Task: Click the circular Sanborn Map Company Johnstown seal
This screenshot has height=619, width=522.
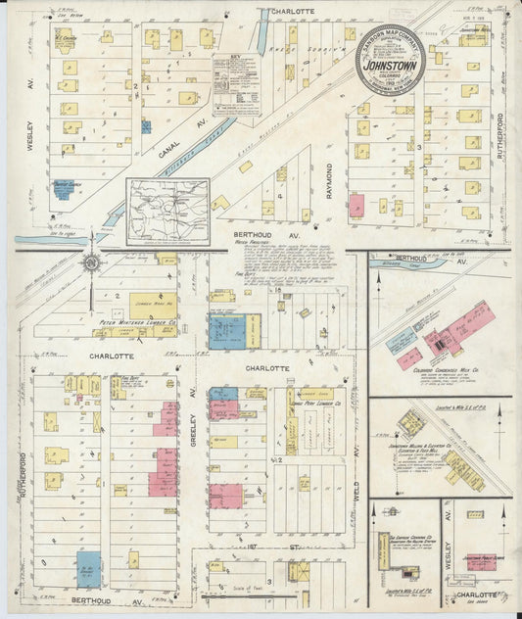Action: coord(390,59)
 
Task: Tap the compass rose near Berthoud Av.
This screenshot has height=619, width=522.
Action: coord(90,262)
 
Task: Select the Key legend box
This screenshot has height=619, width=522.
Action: coord(236,84)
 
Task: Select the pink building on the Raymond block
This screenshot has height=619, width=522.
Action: coord(356,205)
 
